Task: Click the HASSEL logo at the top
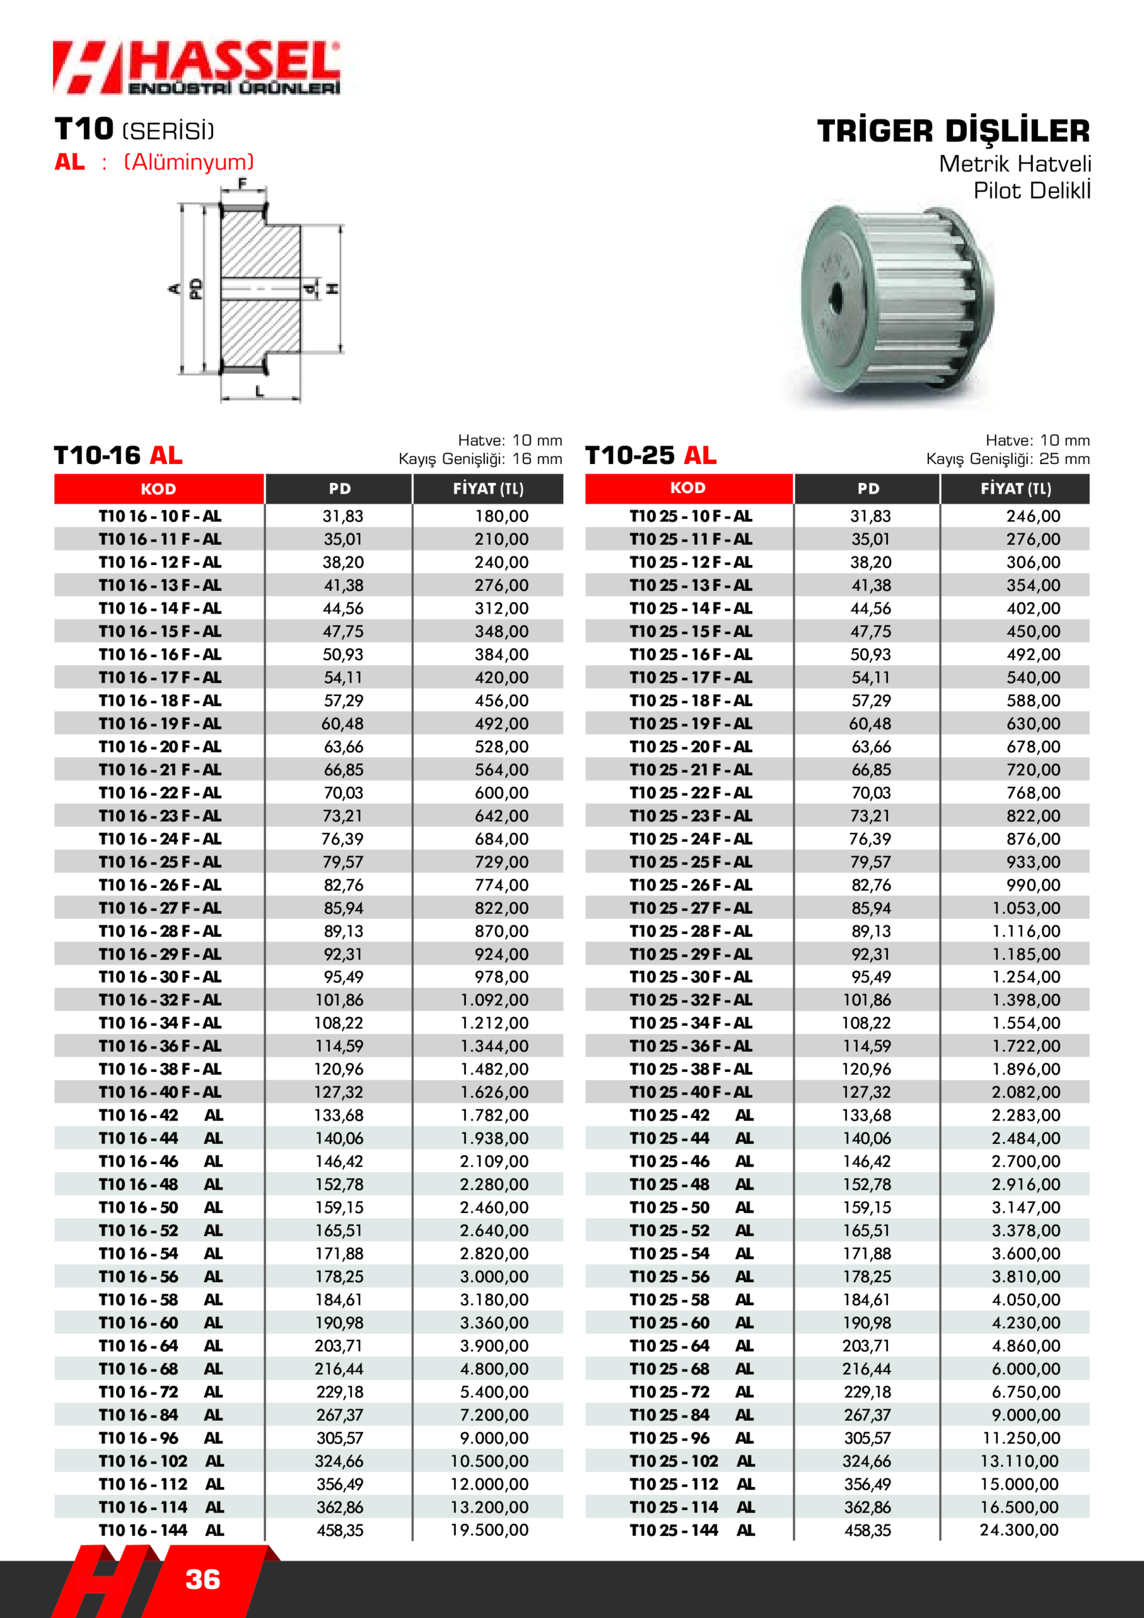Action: tap(197, 68)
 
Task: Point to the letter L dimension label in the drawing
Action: tap(259, 391)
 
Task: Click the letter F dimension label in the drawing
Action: tap(243, 185)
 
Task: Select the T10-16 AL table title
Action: tap(118, 455)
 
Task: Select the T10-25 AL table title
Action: tap(650, 455)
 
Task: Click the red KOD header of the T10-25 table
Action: tap(688, 489)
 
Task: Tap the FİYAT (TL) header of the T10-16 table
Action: tap(488, 489)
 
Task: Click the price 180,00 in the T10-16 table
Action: tap(501, 516)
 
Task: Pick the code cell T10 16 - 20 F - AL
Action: tap(160, 747)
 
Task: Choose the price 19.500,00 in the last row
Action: tap(489, 1530)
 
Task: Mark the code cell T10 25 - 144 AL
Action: tap(691, 1530)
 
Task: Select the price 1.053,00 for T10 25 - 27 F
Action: tap(1026, 908)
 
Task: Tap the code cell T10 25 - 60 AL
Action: tap(691, 1323)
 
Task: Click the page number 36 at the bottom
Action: tap(203, 1579)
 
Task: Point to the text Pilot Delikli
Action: tap(1031, 191)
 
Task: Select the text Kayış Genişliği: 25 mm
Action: tap(1007, 459)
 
